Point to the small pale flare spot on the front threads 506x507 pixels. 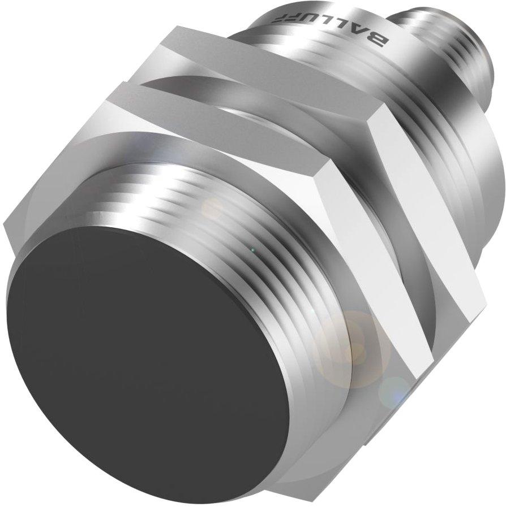[212, 209]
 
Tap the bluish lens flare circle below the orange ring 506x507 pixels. [394, 390]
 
